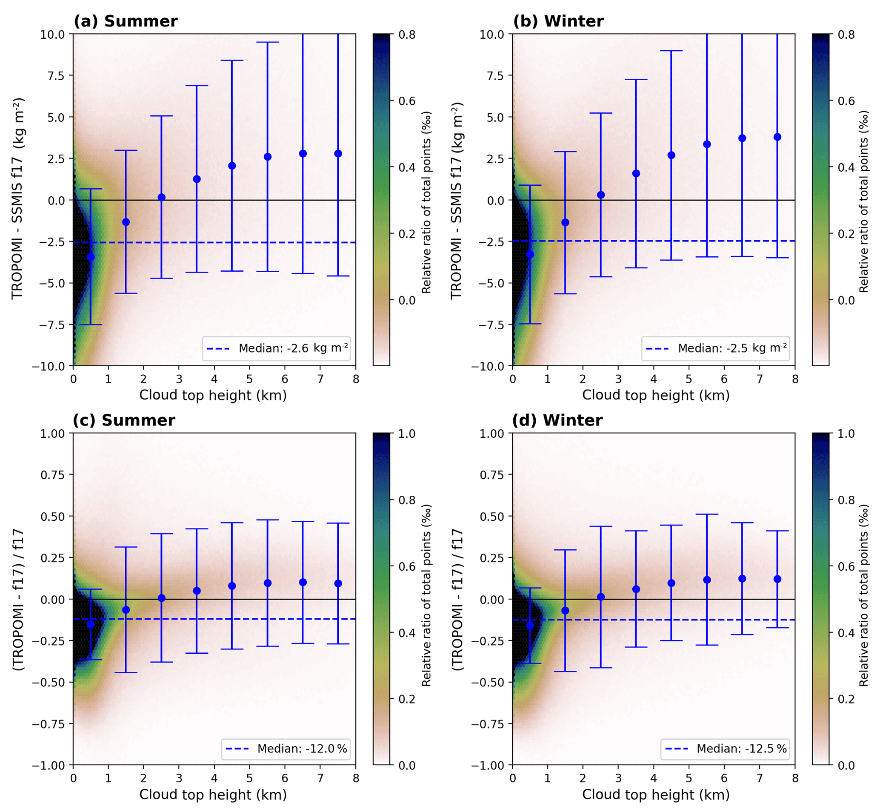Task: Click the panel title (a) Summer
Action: click(125, 21)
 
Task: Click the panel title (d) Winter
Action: click(557, 420)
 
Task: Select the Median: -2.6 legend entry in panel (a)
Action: click(277, 348)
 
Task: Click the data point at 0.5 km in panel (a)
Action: click(91, 257)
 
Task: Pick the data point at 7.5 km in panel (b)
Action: click(777, 137)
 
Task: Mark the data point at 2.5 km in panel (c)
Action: click(161, 598)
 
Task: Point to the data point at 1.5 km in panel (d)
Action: click(565, 611)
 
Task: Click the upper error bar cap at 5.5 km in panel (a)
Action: click(268, 42)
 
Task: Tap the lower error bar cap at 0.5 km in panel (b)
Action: click(530, 324)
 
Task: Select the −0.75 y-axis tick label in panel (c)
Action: click(48, 724)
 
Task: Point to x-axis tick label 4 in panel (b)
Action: click(654, 379)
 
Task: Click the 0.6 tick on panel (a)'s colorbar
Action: click(407, 101)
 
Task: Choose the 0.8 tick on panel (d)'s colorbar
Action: click(846, 500)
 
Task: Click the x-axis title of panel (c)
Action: click(213, 794)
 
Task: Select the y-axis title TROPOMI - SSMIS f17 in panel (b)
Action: click(457, 200)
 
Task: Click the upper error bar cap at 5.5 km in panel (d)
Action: click(706, 514)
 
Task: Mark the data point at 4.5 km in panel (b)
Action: click(671, 155)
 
